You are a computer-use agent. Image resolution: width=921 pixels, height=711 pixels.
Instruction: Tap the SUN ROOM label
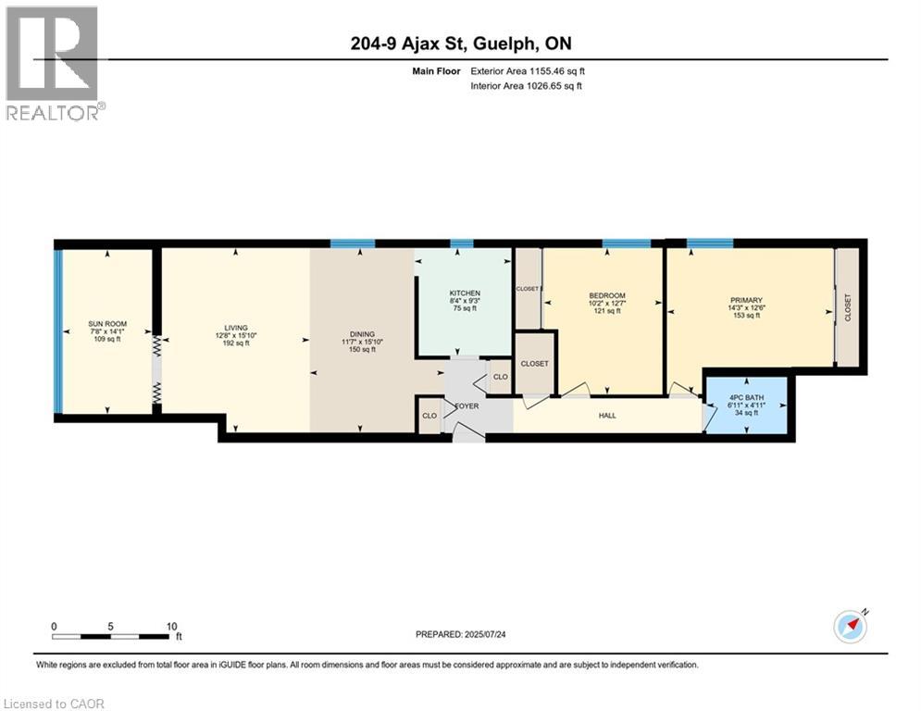click(x=107, y=324)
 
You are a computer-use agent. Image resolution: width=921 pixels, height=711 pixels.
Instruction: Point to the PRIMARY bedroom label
click(x=746, y=300)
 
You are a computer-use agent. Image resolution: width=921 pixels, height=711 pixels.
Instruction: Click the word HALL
click(x=607, y=416)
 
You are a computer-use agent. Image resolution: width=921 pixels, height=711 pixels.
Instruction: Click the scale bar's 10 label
click(x=170, y=626)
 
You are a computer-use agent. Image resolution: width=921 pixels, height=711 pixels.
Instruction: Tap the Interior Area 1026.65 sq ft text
click(x=528, y=85)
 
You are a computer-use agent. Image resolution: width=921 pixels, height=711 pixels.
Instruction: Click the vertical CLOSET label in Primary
click(x=848, y=308)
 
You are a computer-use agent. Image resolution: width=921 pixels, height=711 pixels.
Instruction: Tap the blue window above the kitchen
click(x=461, y=243)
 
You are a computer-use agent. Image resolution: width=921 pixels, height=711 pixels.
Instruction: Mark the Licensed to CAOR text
click(x=56, y=704)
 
